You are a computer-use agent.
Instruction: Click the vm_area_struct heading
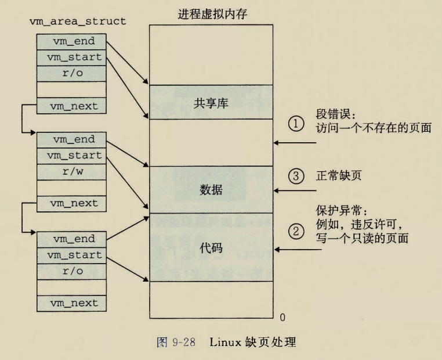click(x=77, y=21)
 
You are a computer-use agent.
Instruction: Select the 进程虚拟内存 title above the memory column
click(x=212, y=15)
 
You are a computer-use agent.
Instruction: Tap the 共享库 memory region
click(x=211, y=103)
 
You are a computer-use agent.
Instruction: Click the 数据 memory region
click(x=211, y=190)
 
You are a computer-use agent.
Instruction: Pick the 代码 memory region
click(x=211, y=248)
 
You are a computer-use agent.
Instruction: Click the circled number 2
click(x=296, y=232)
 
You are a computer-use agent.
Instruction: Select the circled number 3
click(x=296, y=176)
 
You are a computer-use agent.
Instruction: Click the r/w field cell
click(x=72, y=172)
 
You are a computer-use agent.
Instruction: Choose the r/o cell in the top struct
click(x=72, y=74)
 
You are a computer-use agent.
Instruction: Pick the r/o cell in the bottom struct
click(x=72, y=271)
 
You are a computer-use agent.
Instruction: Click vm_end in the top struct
click(x=72, y=41)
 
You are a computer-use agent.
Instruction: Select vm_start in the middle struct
click(x=72, y=156)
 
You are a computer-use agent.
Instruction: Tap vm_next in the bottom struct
click(x=72, y=303)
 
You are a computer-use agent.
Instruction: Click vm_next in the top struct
click(x=72, y=106)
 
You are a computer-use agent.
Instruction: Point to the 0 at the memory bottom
click(x=282, y=317)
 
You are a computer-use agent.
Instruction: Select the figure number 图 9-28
click(x=176, y=342)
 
